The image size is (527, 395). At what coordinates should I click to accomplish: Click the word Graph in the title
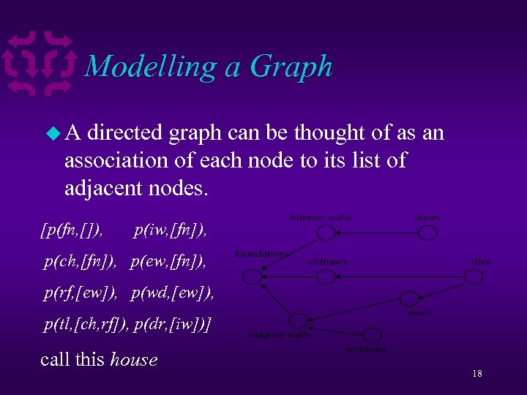pyautogui.click(x=291, y=67)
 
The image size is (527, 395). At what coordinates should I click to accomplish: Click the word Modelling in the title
pyautogui.click(x=151, y=67)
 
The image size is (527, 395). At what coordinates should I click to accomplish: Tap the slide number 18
pyautogui.click(x=476, y=374)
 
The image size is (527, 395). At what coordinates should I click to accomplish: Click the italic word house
pyautogui.click(x=133, y=359)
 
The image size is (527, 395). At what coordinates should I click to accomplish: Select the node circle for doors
pyautogui.click(x=427, y=233)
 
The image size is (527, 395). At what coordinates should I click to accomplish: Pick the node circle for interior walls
pyautogui.click(x=326, y=233)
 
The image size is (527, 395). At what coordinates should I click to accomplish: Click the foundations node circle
pyautogui.click(x=251, y=276)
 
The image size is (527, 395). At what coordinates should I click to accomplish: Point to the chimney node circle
pyautogui.click(x=326, y=276)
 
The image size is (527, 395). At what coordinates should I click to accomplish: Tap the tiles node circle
pyautogui.click(x=474, y=276)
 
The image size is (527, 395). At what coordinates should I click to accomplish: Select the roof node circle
pyautogui.click(x=408, y=299)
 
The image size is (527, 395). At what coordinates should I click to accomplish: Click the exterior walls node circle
pyautogui.click(x=297, y=320)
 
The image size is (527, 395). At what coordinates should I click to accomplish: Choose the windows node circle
pyautogui.click(x=373, y=335)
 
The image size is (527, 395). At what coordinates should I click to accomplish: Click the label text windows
pyautogui.click(x=366, y=349)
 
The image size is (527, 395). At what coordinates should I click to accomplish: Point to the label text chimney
pyautogui.click(x=328, y=261)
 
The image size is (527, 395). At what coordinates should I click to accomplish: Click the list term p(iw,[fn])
pyautogui.click(x=171, y=232)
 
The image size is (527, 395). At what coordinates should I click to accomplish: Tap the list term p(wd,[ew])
pyautogui.click(x=173, y=293)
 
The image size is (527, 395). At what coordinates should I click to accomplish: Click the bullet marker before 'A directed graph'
pyautogui.click(x=51, y=134)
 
